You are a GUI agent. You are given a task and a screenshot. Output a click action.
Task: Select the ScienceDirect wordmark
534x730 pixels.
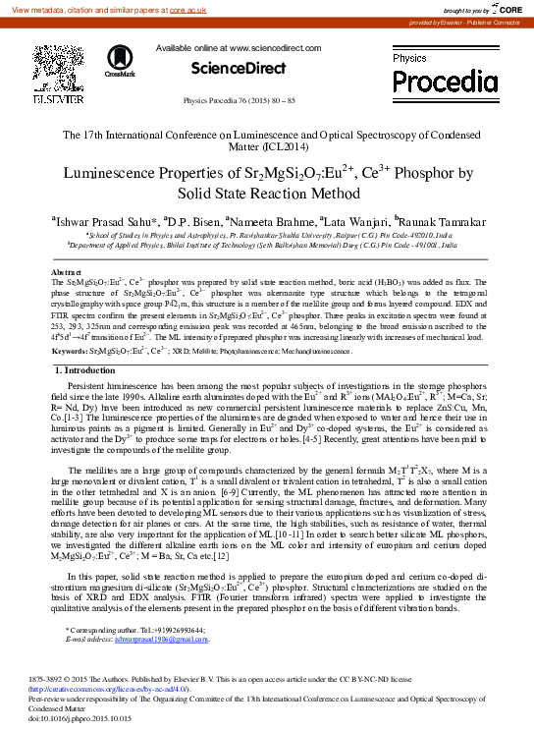[x=223, y=68]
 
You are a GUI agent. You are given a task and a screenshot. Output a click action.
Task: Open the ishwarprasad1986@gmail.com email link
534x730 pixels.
[x=162, y=640]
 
